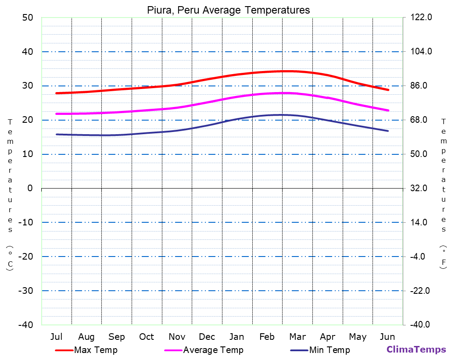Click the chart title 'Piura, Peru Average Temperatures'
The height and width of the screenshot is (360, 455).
[x=228, y=10]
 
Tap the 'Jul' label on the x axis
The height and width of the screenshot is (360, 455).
[x=56, y=337]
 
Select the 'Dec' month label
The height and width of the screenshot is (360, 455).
[x=207, y=337]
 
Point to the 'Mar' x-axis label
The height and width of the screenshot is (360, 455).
[x=297, y=337]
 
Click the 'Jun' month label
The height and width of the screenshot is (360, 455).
[x=387, y=337]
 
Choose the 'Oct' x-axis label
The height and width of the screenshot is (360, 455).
[x=147, y=337]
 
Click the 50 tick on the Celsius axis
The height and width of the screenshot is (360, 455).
[x=27, y=18]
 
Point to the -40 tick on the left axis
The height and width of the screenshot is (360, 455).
[x=25, y=325]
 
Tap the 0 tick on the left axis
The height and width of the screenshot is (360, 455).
[x=30, y=188]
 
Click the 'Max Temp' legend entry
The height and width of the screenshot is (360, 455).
[x=96, y=350]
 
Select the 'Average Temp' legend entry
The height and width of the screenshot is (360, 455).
[x=213, y=350]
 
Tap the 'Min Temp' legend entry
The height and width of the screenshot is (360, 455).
[x=330, y=350]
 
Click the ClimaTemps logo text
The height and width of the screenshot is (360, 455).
[x=416, y=349]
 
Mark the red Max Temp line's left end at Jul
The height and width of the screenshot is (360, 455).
[x=57, y=93]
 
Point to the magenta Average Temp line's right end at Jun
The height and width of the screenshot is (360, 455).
[x=388, y=110]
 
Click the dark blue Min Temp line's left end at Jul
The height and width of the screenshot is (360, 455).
[x=57, y=134]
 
